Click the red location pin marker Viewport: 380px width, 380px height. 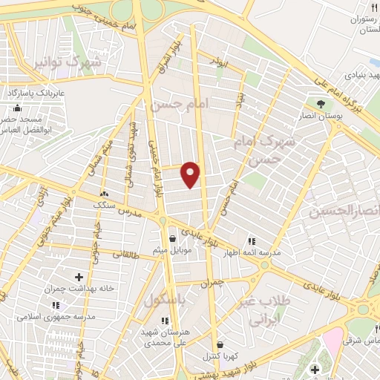191,174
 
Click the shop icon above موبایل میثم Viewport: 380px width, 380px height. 173,239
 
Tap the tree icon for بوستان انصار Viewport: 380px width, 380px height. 321,103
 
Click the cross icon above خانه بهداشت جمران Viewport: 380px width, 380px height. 79,277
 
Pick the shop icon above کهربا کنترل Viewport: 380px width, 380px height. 220,344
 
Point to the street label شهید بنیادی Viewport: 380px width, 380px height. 358,76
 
